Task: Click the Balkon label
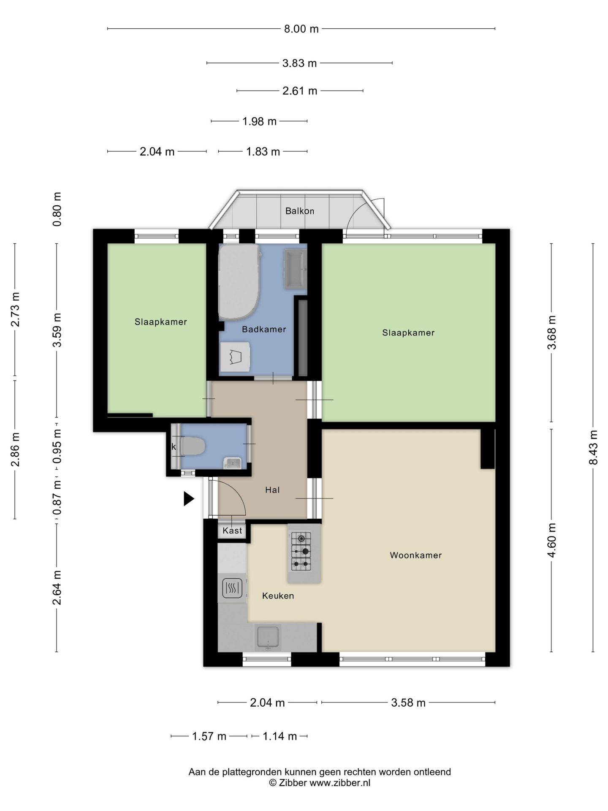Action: pos(300,211)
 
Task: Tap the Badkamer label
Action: pos(264,329)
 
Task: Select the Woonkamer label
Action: pos(416,555)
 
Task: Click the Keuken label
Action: pos(278,596)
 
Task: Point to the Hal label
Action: pos(272,490)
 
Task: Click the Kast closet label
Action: pos(232,531)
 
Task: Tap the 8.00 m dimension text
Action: pos(301,29)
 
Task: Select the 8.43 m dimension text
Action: pos(594,447)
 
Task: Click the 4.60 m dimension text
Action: pos(551,540)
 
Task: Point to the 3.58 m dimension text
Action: pos(408,703)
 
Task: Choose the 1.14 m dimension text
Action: pos(280,737)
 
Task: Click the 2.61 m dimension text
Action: pos(300,91)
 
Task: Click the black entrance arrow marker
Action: pos(189,499)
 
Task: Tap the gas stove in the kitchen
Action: pos(301,551)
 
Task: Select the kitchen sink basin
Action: pos(268,638)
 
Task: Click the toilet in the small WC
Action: pos(192,446)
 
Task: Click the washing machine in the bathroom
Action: pos(235,357)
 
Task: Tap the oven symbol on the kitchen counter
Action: pos(232,588)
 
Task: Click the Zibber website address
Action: pos(340,783)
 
